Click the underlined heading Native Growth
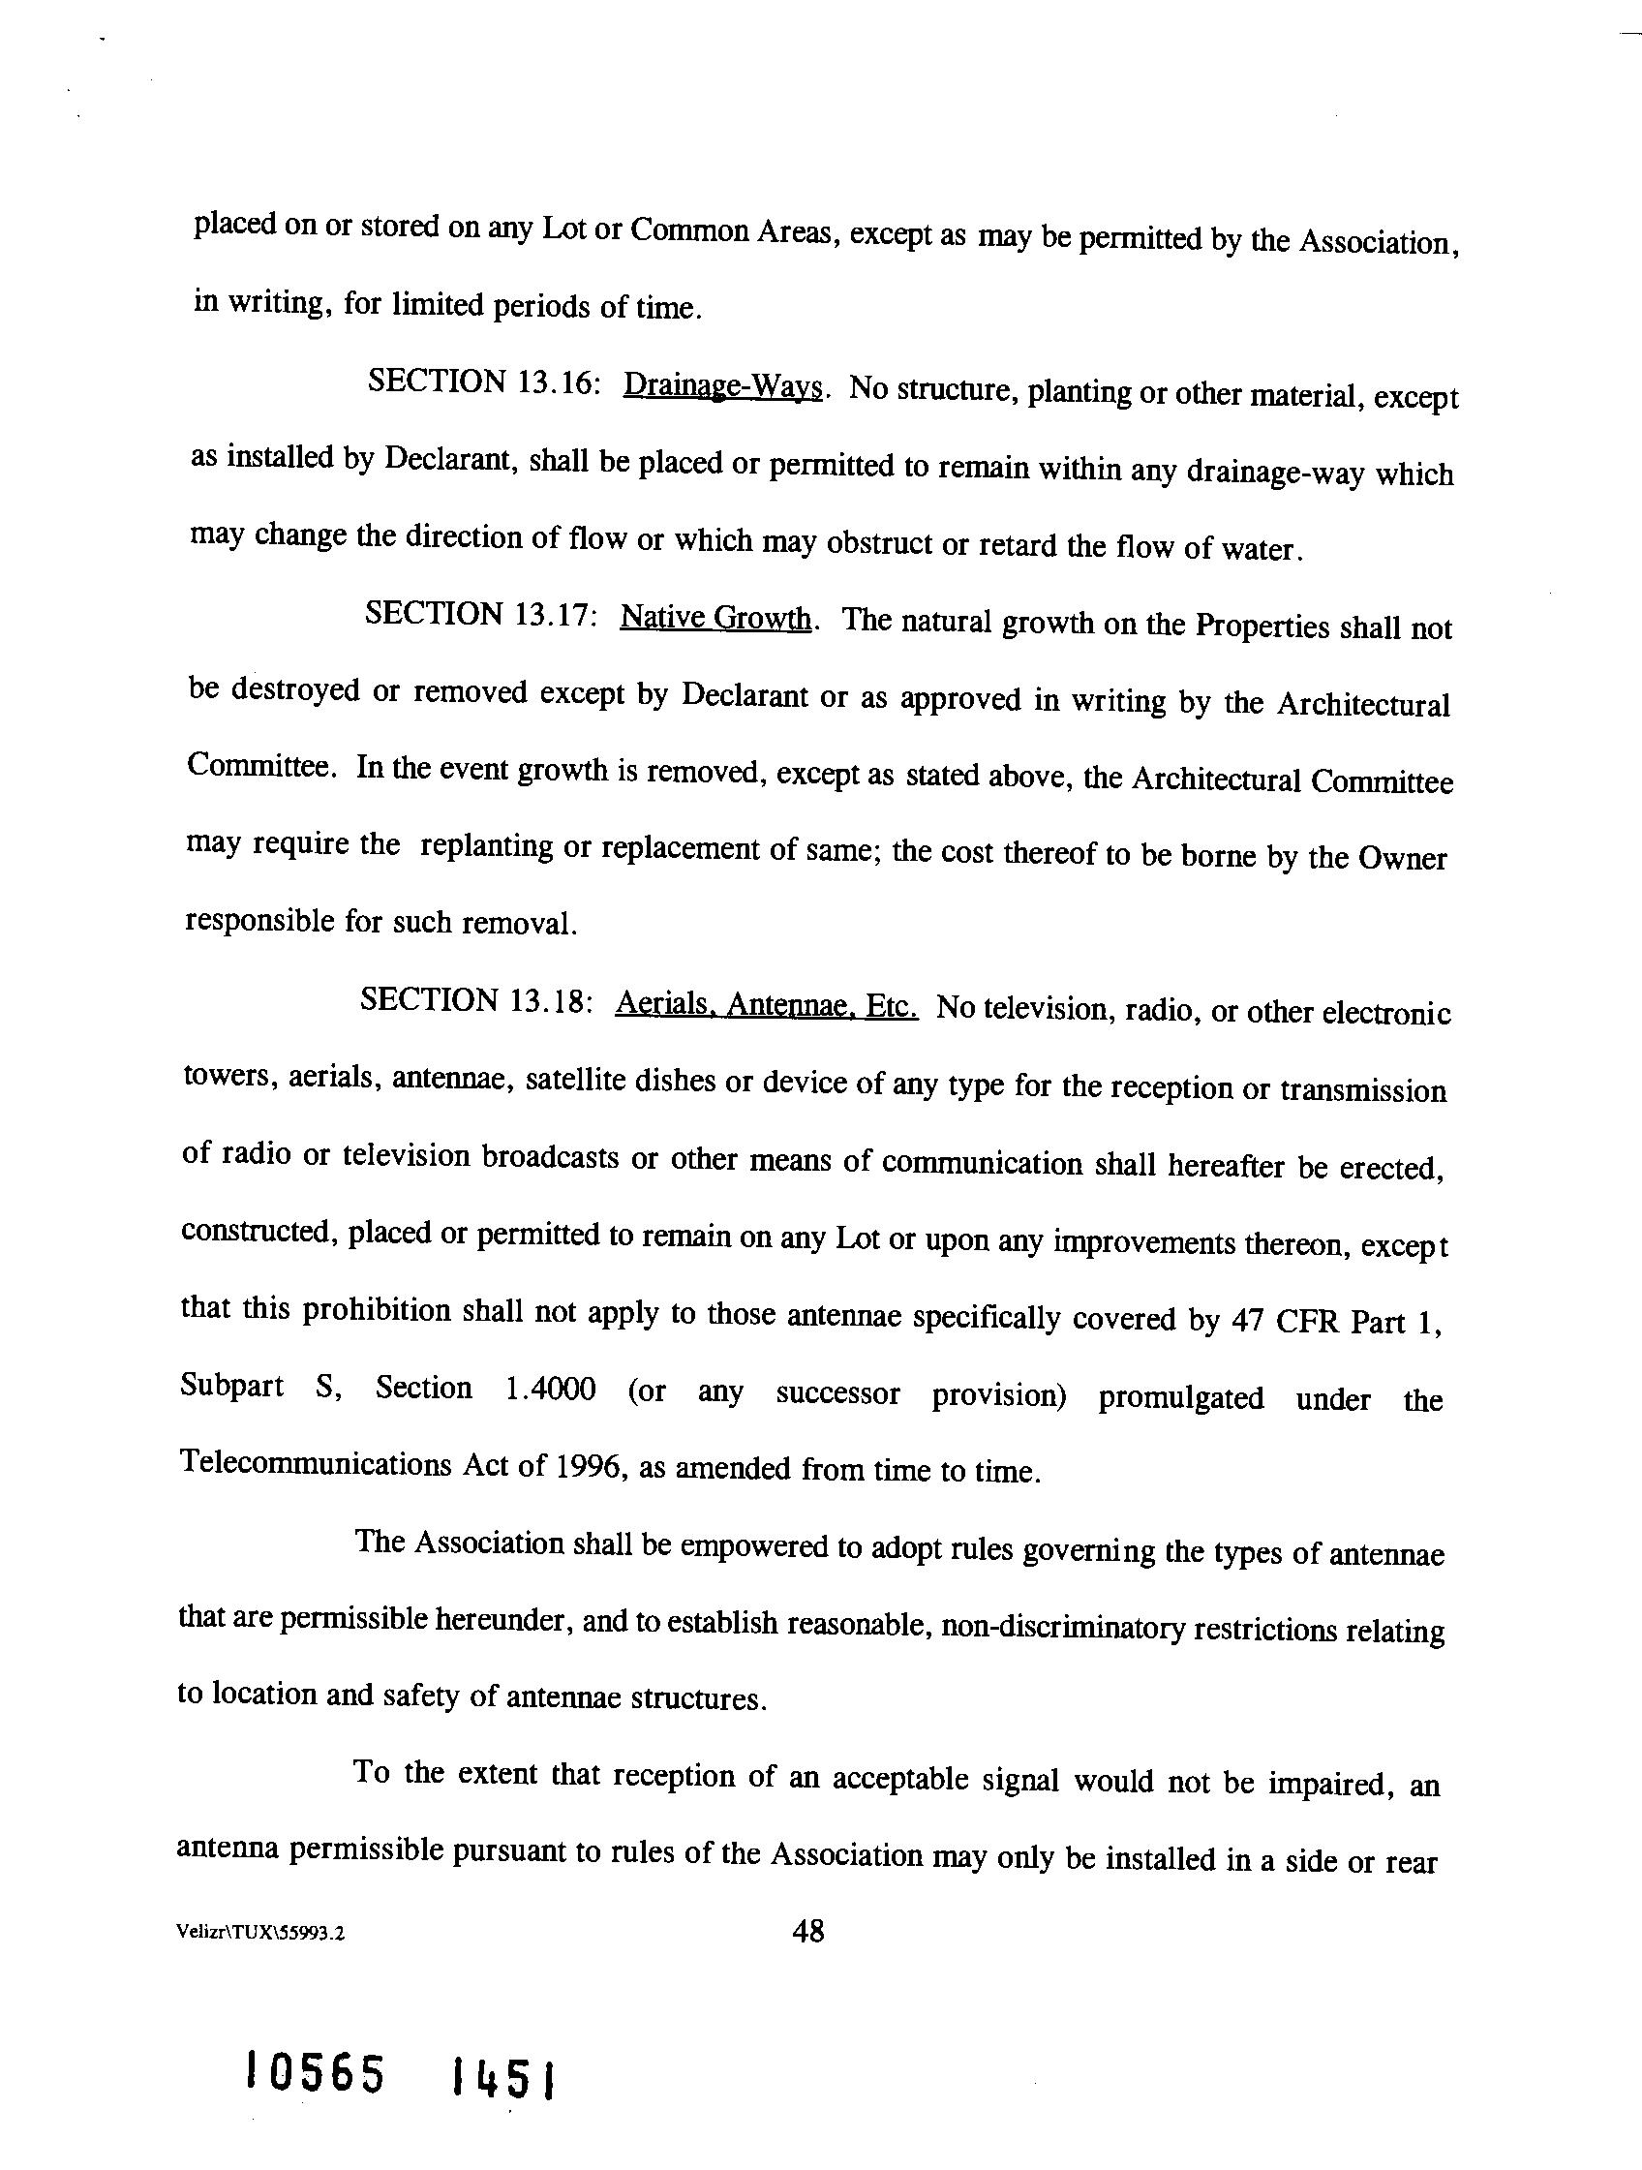point(715,618)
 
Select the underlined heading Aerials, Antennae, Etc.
point(766,1005)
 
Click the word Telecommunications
point(314,1463)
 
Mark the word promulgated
point(1180,1397)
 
